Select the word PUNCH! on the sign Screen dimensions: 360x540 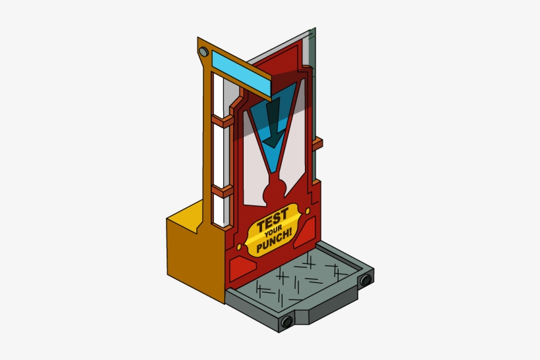275,244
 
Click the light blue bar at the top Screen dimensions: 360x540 244,72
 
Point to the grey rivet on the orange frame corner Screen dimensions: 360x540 203,51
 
